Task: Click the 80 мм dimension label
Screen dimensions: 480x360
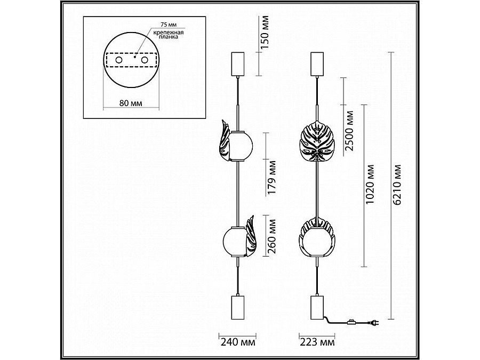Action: (131, 103)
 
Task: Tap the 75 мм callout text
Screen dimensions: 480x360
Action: (169, 25)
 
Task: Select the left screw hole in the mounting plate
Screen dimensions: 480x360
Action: (118, 60)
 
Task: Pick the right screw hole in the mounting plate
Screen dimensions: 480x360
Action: (145, 60)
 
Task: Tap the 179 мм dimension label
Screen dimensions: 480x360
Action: (271, 177)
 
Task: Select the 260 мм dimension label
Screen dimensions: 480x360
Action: (271, 236)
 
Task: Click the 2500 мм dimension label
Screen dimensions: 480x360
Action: (349, 131)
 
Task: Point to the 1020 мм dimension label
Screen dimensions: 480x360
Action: (371, 185)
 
